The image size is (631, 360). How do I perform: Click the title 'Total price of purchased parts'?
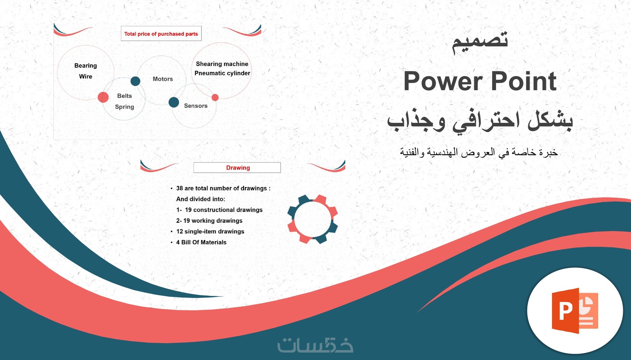click(x=161, y=34)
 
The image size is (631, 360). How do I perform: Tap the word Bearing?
click(x=86, y=66)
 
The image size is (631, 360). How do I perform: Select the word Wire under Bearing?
click(x=86, y=76)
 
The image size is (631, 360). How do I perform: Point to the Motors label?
click(x=163, y=79)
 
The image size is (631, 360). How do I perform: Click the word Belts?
click(x=124, y=96)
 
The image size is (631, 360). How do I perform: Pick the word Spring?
click(x=124, y=107)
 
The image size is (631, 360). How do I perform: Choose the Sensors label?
click(x=196, y=106)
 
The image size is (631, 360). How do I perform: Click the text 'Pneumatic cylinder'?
click(x=222, y=73)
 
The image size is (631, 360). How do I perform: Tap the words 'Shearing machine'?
click(x=222, y=64)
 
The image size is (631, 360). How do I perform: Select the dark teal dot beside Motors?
click(x=135, y=81)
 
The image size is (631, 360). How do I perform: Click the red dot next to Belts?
click(x=103, y=97)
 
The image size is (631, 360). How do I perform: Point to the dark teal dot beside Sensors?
click(x=174, y=102)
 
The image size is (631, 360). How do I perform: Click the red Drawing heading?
click(x=238, y=168)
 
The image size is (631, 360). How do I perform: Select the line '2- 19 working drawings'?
click(x=209, y=220)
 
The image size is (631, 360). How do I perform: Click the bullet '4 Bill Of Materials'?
click(x=202, y=242)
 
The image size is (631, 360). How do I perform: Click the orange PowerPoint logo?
click(x=575, y=311)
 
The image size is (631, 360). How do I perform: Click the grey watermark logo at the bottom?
click(x=315, y=345)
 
